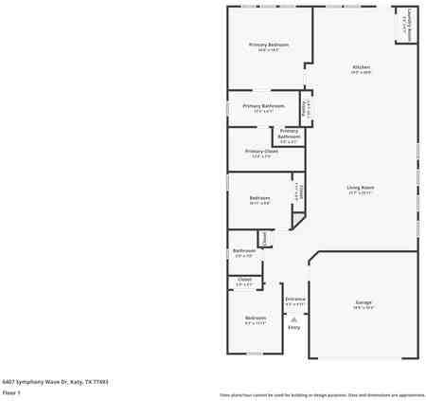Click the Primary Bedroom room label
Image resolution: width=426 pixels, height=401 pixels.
point(269,45)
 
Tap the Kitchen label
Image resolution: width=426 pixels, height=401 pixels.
point(361,67)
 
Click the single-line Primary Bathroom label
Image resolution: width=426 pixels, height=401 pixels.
point(263,106)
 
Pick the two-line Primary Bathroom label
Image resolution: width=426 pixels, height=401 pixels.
point(289,134)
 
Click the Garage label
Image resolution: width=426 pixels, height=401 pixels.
point(364,302)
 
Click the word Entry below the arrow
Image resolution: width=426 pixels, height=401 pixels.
point(294,328)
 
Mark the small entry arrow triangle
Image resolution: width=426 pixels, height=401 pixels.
point(294,319)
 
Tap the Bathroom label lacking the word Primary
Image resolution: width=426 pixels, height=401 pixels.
point(244,251)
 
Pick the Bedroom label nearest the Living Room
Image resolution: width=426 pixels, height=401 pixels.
point(259,198)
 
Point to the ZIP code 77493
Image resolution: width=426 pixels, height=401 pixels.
point(100,381)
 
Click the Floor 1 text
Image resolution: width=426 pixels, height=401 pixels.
point(11,392)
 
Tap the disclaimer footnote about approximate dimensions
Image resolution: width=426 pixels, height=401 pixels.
point(322,394)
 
